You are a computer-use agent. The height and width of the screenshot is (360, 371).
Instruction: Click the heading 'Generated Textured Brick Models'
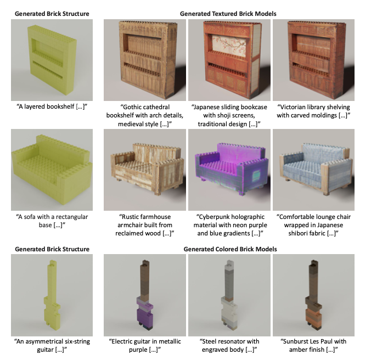click(x=228, y=14)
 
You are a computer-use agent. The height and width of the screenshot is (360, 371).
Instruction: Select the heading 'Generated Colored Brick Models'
click(x=230, y=249)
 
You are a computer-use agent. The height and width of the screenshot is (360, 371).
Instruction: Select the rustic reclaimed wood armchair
click(x=147, y=168)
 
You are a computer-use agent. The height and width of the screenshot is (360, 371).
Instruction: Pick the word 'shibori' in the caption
click(x=299, y=233)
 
